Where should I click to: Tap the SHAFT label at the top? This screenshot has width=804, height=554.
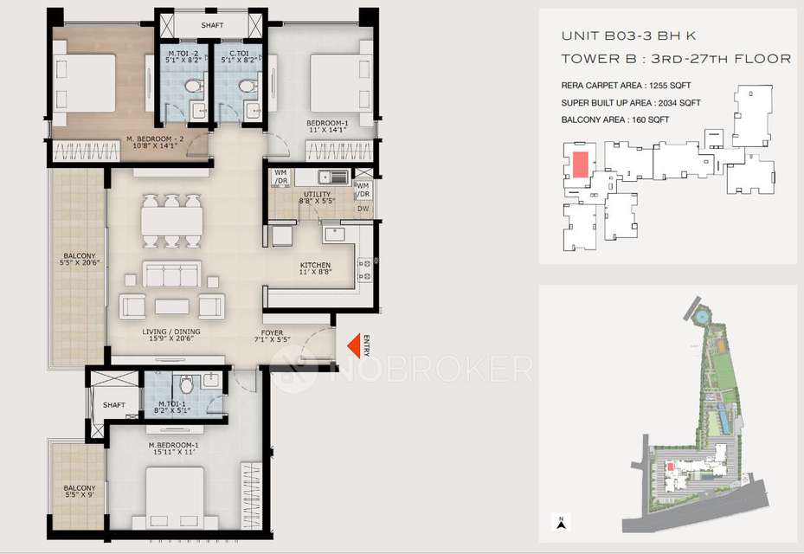click(x=212, y=25)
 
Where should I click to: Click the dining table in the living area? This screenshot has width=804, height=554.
click(x=172, y=221)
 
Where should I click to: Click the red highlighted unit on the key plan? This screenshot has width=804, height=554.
click(x=579, y=163)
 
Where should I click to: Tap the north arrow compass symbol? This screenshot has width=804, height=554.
click(x=561, y=521)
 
